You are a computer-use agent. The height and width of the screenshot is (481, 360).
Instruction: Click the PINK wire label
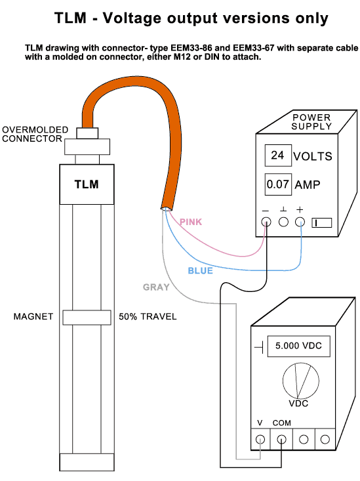191,222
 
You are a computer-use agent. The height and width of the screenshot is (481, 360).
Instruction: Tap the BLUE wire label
200,270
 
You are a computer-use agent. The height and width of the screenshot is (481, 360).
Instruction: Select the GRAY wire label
156,287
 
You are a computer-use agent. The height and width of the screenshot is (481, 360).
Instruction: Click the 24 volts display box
278,156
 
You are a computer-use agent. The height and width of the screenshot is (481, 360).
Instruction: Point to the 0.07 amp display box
278,184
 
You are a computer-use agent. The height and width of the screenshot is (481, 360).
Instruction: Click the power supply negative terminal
266,222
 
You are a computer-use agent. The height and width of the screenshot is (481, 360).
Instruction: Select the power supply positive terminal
300,222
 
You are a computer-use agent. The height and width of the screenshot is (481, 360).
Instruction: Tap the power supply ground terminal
283,222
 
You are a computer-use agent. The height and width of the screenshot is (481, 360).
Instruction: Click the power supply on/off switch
322,222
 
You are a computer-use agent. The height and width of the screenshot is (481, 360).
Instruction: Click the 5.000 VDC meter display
298,346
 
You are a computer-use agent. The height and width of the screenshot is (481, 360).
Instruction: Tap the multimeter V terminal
260,440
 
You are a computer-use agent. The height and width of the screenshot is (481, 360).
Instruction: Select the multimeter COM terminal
281,440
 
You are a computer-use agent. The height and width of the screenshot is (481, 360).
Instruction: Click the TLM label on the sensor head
87,184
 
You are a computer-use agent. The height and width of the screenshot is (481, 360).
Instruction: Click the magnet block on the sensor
87,318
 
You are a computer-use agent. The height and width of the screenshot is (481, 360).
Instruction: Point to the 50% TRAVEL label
148,316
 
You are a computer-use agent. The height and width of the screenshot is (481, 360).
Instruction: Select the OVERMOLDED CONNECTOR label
35,134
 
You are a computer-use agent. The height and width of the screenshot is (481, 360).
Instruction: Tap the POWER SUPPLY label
311,122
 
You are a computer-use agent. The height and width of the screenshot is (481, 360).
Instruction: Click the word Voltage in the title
132,18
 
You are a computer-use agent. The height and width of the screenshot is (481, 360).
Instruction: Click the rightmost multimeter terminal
325,440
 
